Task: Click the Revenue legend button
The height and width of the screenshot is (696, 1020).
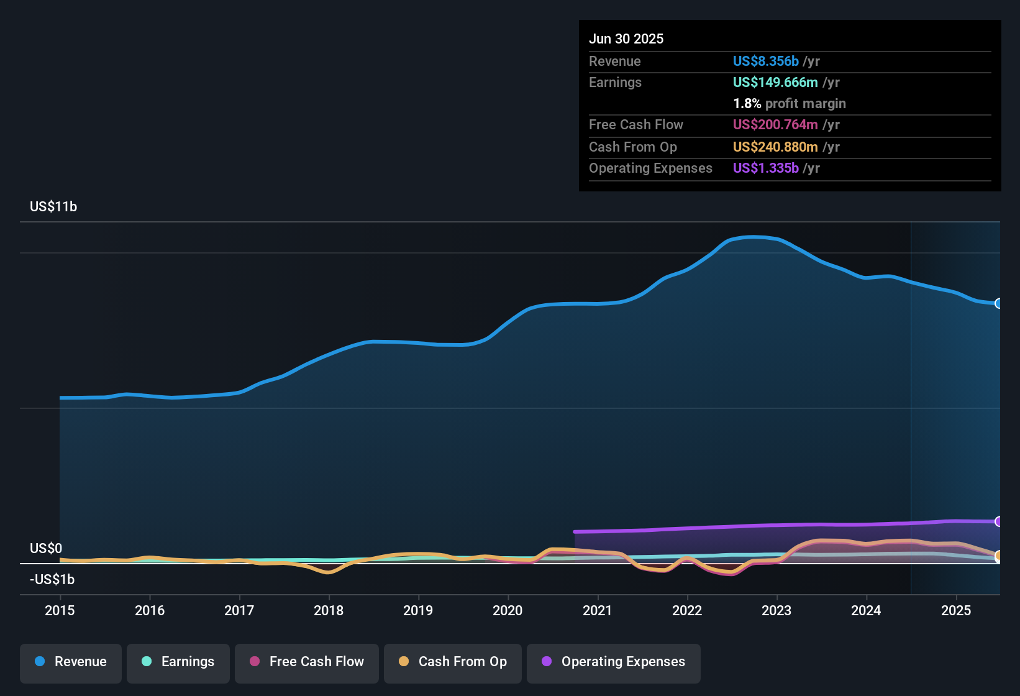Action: point(71,662)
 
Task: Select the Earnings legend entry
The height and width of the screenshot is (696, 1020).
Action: point(178,662)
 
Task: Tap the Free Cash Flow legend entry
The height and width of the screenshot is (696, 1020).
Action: point(306,662)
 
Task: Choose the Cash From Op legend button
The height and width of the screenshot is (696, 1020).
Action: point(452,662)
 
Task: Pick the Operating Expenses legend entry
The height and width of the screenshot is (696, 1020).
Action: point(613,662)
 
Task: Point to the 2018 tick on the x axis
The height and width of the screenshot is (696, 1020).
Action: point(329,610)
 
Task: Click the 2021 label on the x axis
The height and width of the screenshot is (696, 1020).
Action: point(598,610)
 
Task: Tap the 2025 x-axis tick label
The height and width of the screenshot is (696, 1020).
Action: point(956,610)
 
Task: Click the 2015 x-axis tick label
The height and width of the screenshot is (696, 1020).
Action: point(60,610)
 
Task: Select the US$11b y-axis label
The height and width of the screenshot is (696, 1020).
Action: point(53,207)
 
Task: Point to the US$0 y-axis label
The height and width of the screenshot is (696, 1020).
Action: point(46,548)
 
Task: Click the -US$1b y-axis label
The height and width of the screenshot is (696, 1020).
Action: point(52,579)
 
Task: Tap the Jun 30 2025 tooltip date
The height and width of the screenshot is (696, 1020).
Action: point(626,39)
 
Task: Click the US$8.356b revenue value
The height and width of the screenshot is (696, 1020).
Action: point(765,61)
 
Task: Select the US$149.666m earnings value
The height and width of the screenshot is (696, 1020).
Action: point(775,82)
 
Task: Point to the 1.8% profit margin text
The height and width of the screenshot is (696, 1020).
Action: point(789,103)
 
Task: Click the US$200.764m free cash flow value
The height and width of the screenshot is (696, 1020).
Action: point(775,124)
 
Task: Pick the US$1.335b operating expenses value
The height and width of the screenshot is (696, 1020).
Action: point(765,168)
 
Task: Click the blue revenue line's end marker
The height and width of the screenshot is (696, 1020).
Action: point(998,303)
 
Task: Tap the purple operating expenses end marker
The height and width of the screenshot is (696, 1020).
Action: point(998,521)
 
